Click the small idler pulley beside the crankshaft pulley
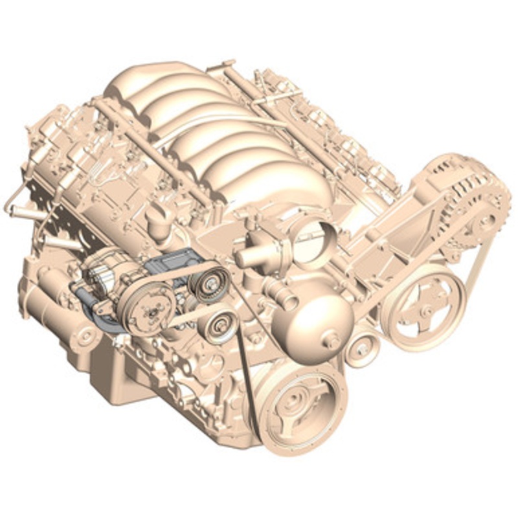[x=359, y=352]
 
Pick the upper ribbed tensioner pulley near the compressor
[x=210, y=285]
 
